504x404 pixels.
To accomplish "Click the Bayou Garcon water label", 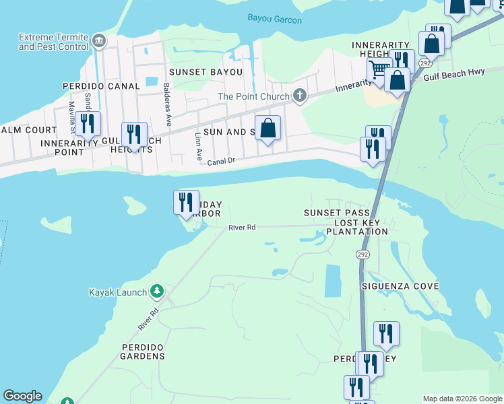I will click(274, 19).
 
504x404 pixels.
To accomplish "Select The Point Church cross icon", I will click(300, 96).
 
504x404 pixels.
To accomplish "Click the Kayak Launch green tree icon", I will click(157, 292).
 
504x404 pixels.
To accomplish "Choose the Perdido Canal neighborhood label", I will click(100, 86).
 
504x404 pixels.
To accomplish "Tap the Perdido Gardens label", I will click(142, 351).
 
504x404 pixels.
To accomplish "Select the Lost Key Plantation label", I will click(356, 227).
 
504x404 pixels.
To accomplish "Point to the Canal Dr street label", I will click(221, 162).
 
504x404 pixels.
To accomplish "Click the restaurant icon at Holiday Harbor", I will click(186, 202).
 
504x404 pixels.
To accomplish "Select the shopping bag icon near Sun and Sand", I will click(267, 127).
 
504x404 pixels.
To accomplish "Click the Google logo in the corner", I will click(22, 397).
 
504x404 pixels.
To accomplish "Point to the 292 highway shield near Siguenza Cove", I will click(363, 254).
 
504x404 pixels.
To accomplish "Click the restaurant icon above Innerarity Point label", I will click(88, 124).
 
